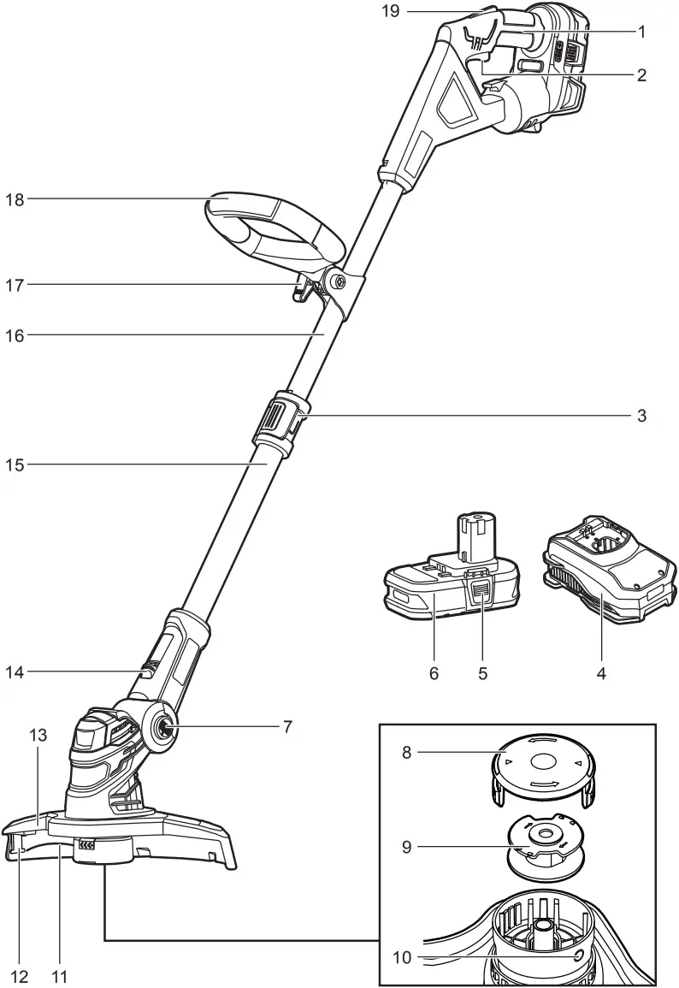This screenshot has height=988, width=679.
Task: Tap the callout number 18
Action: point(15,199)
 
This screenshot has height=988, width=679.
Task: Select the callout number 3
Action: point(641,417)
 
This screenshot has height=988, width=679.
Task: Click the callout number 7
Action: point(287,727)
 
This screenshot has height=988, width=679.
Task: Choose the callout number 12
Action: point(19,975)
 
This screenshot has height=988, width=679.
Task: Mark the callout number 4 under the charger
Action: point(601,673)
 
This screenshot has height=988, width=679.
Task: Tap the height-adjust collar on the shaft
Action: point(279,421)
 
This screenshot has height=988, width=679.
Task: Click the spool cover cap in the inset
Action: point(542,764)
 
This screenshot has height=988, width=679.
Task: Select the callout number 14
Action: point(15,672)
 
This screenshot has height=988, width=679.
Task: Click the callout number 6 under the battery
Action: point(434,673)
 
